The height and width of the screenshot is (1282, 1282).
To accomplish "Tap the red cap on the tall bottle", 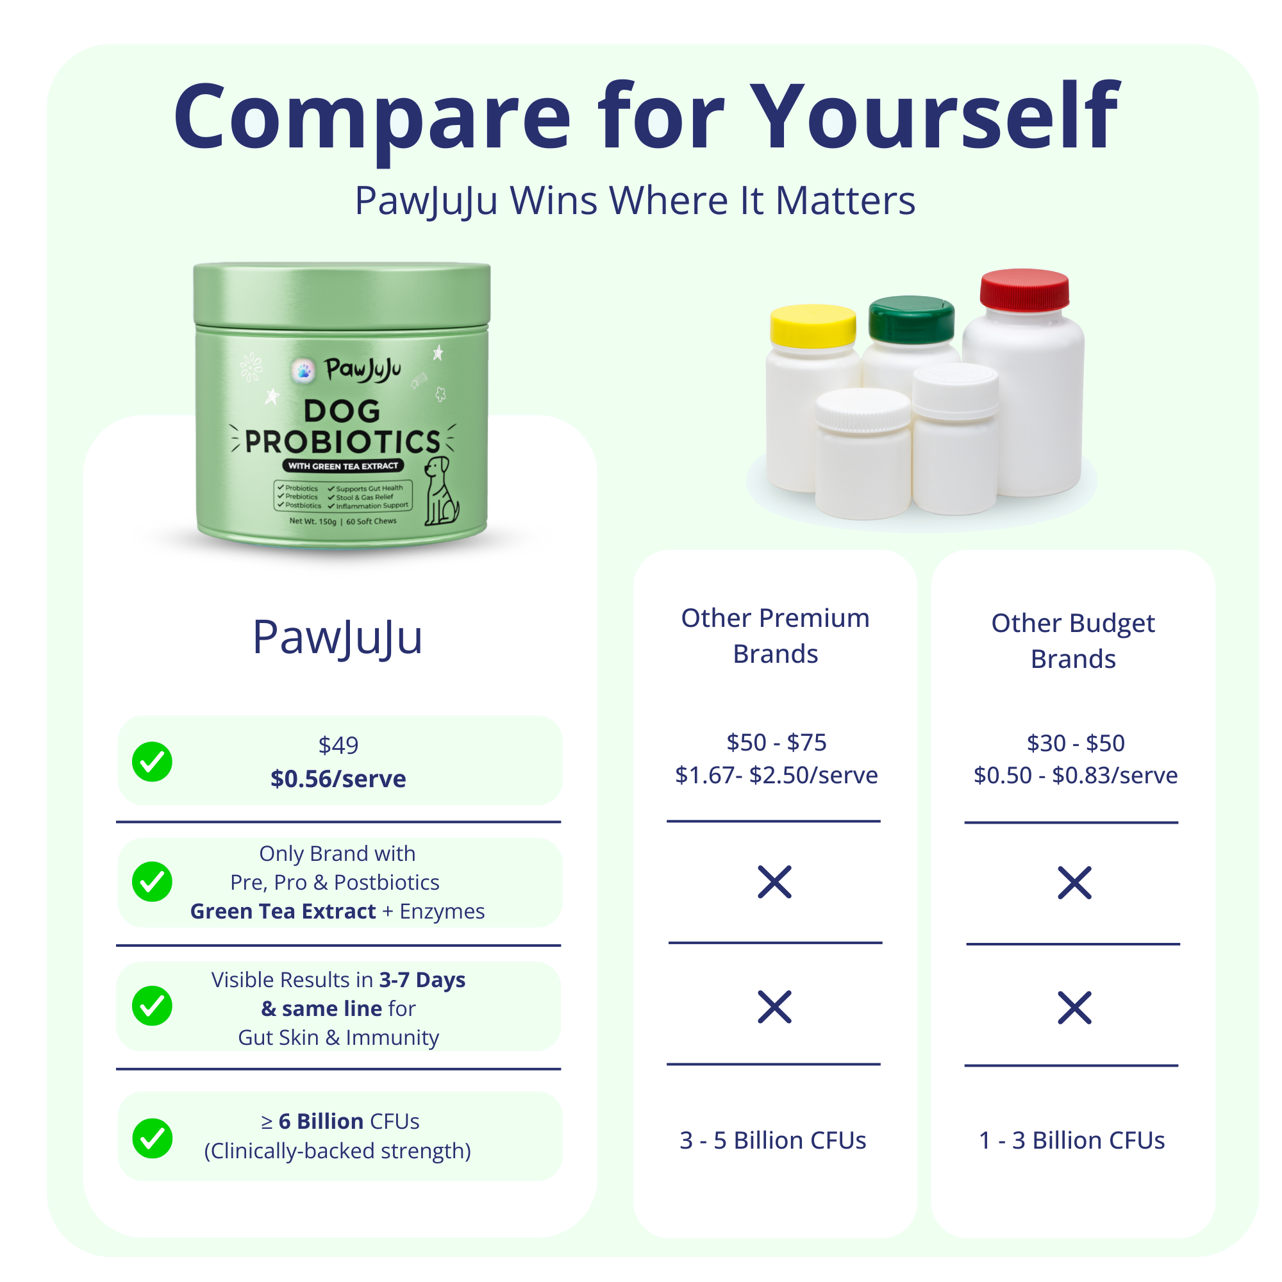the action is [1024, 290].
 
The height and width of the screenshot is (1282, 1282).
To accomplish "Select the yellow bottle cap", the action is [812, 326].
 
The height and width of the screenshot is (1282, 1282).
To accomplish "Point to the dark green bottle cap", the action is [911, 320].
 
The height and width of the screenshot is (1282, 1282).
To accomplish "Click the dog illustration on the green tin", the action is [440, 490].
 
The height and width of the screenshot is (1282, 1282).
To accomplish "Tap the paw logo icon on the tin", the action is [304, 371].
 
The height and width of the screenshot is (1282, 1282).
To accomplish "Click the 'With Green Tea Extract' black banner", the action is [343, 466].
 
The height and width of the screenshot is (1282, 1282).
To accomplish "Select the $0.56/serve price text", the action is [338, 778].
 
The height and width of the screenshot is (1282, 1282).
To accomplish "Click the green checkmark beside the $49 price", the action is [152, 761].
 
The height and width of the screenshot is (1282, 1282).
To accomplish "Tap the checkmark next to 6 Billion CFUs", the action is [152, 1138].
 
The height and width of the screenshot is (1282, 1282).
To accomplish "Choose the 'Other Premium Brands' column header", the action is [775, 636].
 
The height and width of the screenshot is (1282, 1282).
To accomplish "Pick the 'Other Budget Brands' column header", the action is [1073, 641].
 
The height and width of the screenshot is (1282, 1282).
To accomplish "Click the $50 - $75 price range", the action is [776, 742].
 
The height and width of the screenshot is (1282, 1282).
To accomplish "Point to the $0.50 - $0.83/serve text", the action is [1076, 775].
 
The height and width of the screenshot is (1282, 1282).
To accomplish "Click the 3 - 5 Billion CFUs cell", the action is [773, 1140].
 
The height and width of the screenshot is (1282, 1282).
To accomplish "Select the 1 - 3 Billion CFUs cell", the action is [1072, 1140].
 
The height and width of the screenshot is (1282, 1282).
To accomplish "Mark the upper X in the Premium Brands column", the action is [774, 882].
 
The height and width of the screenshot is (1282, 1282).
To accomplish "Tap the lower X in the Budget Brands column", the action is [1074, 1007].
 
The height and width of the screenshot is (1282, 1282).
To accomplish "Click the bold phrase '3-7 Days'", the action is [422, 979].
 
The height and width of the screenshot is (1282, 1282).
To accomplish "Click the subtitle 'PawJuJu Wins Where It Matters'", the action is [635, 201].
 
